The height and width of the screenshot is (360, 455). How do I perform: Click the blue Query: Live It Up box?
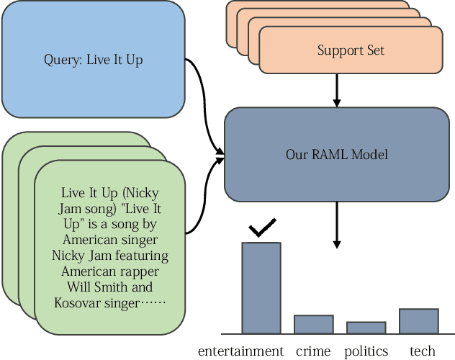(x=93, y=60)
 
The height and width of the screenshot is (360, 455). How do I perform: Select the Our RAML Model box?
(x=336, y=154)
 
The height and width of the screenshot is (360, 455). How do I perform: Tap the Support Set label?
(x=351, y=50)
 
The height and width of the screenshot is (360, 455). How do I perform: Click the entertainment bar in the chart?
(x=261, y=288)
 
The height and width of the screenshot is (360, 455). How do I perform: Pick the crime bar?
(x=313, y=324)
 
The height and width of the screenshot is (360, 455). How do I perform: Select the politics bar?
(x=366, y=328)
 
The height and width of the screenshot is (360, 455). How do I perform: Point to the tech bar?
(x=418, y=320)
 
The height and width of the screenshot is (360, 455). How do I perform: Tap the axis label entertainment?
(x=240, y=351)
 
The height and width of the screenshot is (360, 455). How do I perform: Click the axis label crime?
(x=313, y=351)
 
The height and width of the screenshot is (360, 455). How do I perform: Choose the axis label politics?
(x=366, y=351)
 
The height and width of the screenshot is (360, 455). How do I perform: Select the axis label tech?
(x=423, y=351)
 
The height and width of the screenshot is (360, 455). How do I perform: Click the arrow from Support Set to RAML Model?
(x=336, y=90)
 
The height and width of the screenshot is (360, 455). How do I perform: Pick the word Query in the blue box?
(x=62, y=60)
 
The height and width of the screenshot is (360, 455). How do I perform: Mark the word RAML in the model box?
(x=333, y=154)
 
